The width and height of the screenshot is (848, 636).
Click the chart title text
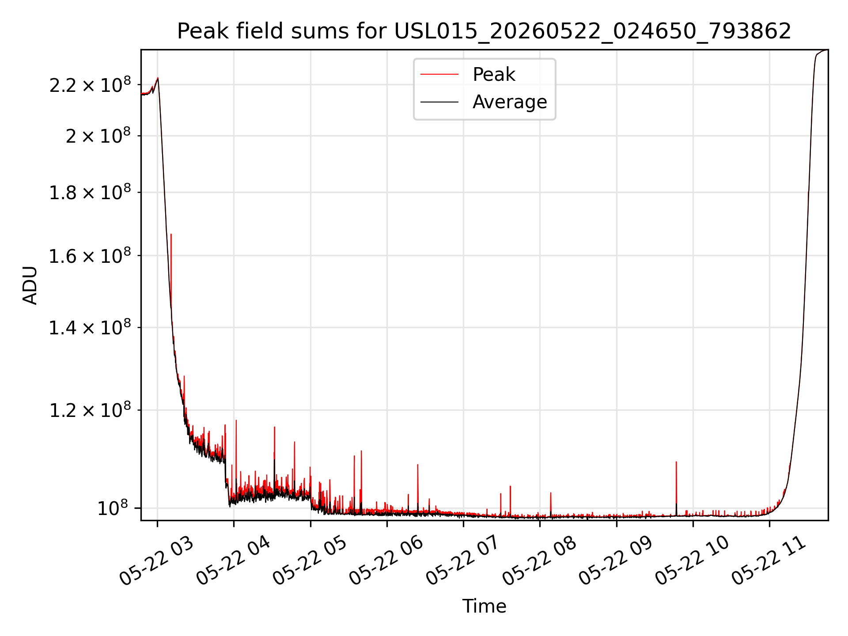click(x=484, y=31)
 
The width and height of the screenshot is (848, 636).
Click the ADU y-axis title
click(x=30, y=285)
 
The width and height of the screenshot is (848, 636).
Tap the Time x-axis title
click(x=484, y=606)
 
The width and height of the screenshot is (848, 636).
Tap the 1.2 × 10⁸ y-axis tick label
click(x=90, y=410)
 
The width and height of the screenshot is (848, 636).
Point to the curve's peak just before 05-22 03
click(x=158, y=78)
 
